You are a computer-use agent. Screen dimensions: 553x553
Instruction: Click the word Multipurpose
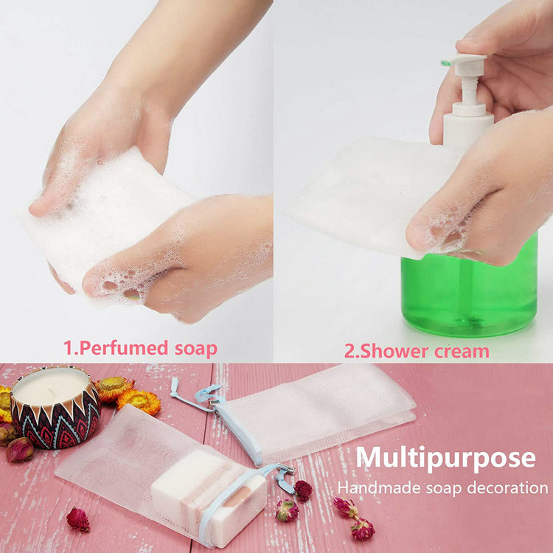[445, 458]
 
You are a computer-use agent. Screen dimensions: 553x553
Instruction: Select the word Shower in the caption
[390, 350]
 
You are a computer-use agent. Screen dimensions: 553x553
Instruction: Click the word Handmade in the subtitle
[376, 487]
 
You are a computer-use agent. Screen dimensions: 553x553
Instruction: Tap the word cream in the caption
[461, 350]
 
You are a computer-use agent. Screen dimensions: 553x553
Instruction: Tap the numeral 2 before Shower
[349, 350]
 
